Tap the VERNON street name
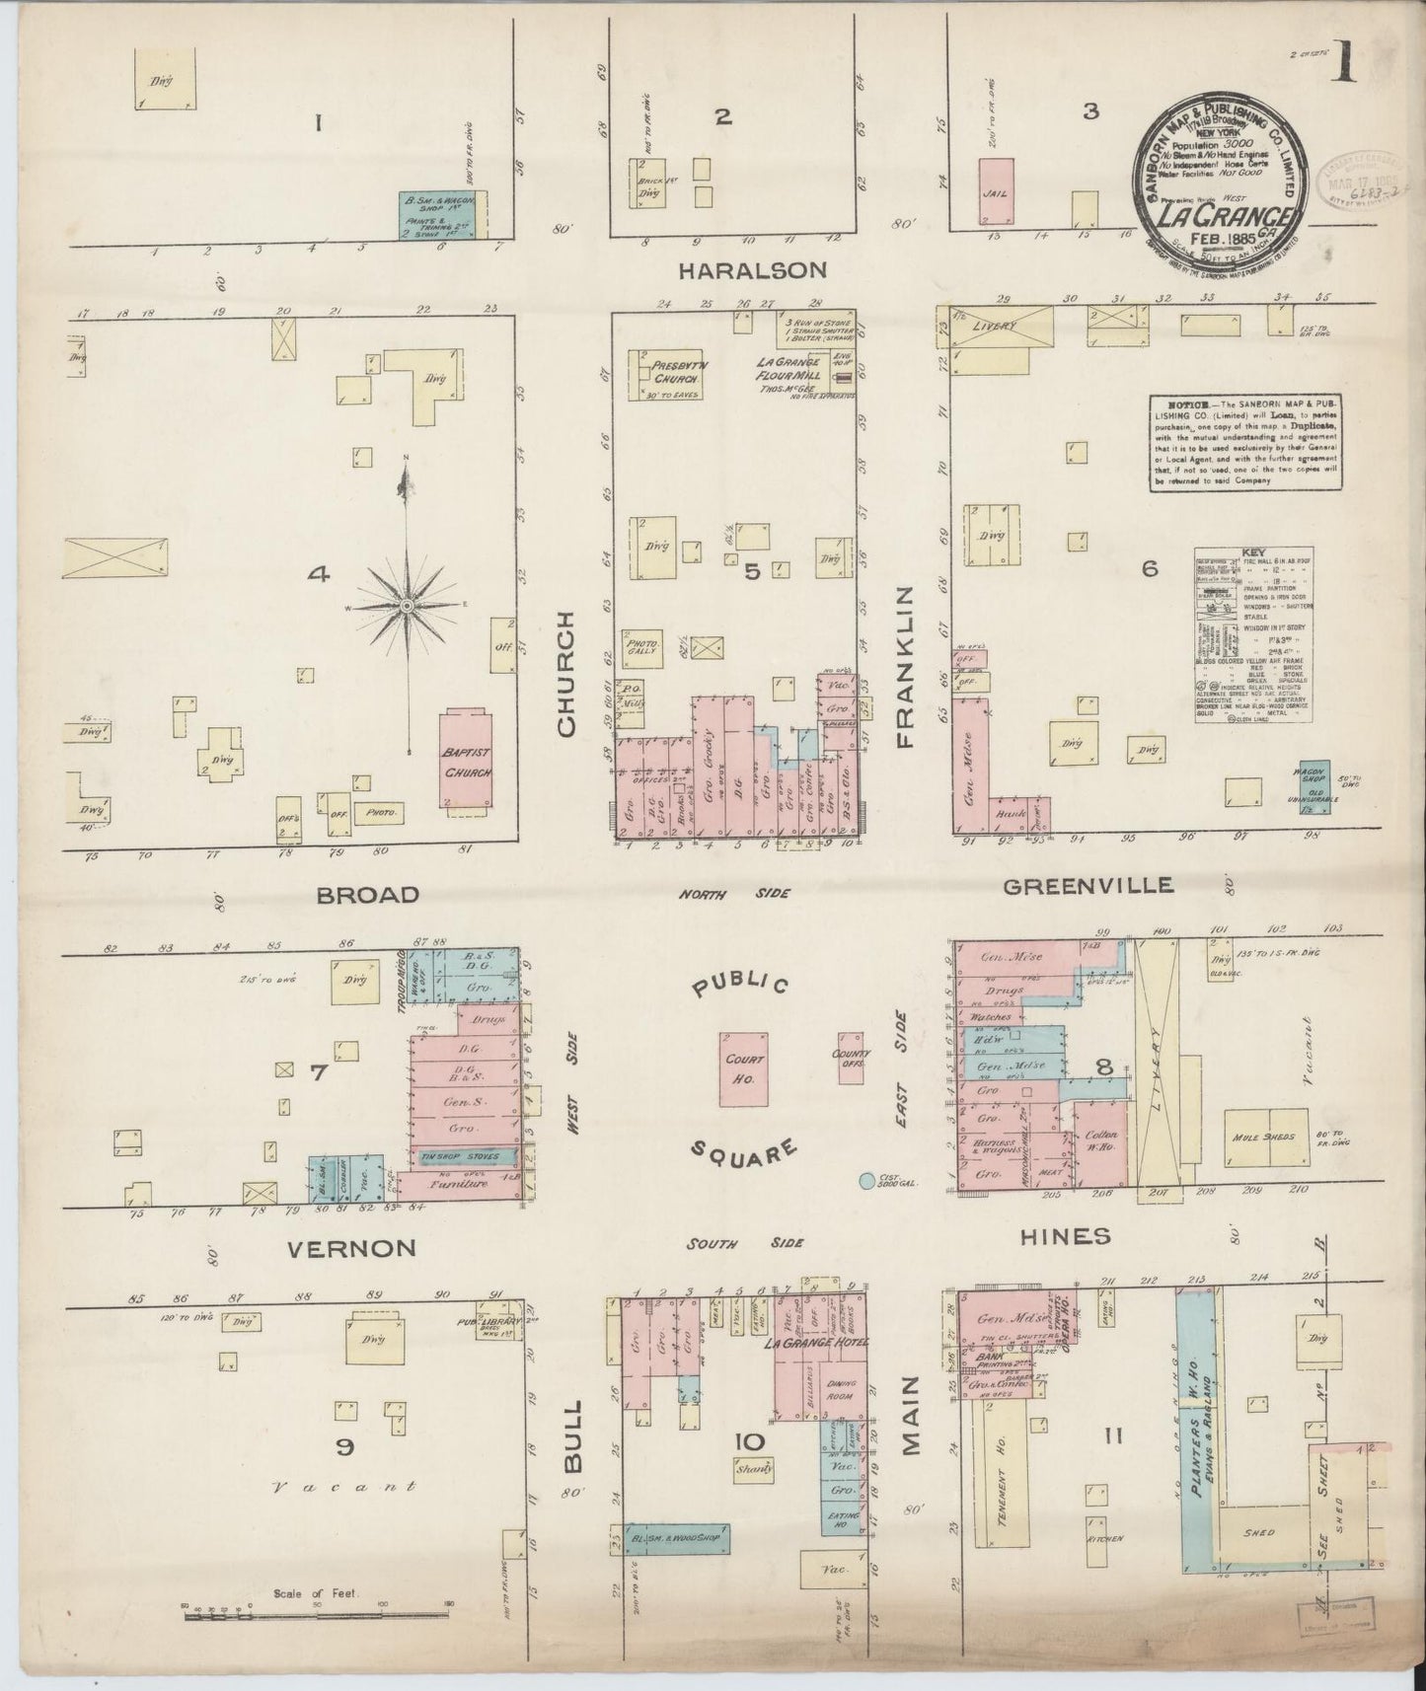click(x=350, y=1248)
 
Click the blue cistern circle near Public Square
click(x=865, y=1181)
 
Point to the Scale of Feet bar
click(x=316, y=1615)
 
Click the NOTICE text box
click(x=1245, y=443)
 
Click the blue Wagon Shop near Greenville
click(x=1313, y=785)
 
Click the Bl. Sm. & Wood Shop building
click(x=678, y=1538)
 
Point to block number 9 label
click(x=344, y=1447)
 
